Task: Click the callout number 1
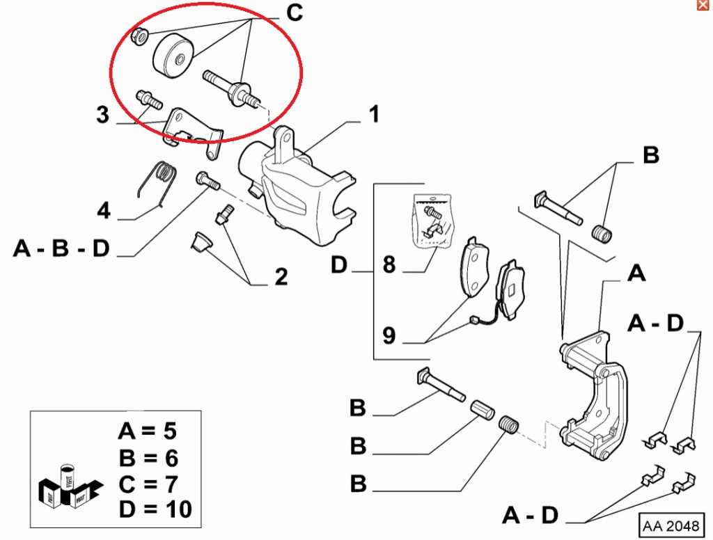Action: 374,115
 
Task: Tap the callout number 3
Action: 103,114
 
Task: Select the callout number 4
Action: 104,209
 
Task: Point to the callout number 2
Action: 281,277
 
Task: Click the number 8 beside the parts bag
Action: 389,266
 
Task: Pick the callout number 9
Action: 389,337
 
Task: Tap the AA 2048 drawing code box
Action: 672,523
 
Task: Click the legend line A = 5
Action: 148,431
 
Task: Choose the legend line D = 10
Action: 155,509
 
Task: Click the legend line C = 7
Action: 148,484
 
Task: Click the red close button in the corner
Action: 702,6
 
